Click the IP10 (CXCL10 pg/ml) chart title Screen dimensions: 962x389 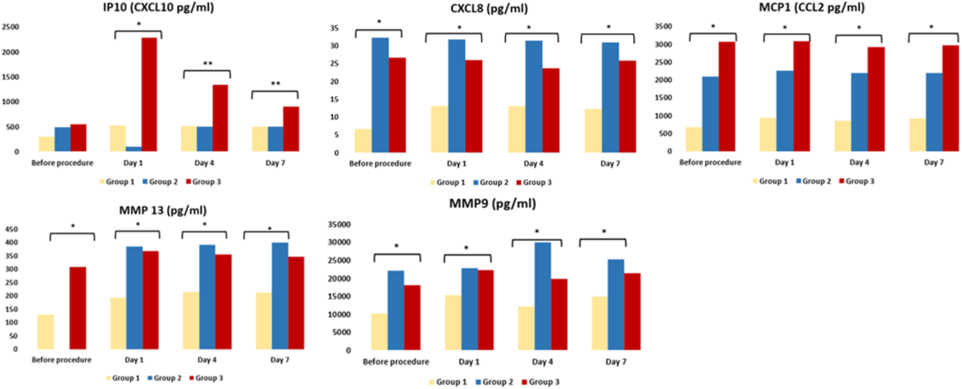point(158,7)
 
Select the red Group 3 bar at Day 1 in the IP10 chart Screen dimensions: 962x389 point(149,95)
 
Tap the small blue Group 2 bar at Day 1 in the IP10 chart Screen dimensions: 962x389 point(134,149)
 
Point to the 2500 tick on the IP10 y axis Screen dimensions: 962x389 point(11,27)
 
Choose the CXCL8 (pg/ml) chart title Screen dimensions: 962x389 point(489,8)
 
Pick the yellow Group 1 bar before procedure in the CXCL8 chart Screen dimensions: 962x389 point(363,141)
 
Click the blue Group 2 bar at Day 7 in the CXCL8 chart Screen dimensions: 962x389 point(610,98)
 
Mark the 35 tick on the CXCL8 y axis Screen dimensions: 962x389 point(334,28)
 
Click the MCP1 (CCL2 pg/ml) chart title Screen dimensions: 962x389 point(812,7)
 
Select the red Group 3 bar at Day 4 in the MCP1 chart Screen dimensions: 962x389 point(876,99)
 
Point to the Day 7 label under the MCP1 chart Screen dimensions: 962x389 point(934,162)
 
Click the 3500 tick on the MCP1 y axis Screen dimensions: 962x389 point(664,26)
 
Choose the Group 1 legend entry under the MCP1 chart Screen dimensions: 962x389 point(770,181)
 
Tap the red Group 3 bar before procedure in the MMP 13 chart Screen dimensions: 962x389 point(78,308)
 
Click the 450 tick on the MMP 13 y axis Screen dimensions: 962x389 point(12,229)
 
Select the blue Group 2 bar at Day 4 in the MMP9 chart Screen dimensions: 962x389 point(543,296)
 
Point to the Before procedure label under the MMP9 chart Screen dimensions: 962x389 point(396,362)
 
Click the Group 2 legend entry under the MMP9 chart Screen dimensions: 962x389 point(494,382)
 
